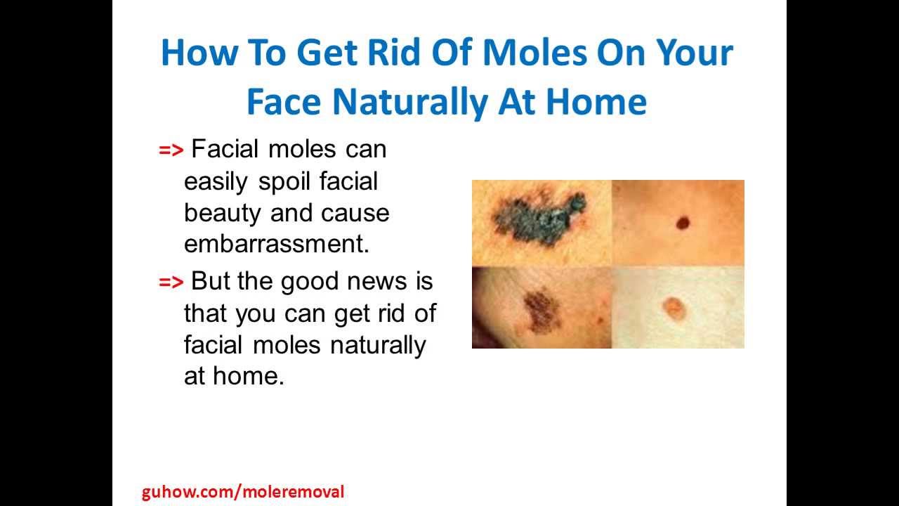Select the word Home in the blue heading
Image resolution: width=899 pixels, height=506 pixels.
[596, 102]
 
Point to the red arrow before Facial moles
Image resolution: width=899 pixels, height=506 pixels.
[171, 150]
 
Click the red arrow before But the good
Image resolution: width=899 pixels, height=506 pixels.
[171, 283]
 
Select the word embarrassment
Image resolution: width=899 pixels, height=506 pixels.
[277, 244]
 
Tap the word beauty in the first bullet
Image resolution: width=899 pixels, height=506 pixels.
[223, 214]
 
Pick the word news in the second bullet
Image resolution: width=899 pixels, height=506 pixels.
[377, 281]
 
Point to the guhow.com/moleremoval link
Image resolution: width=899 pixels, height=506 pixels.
[243, 492]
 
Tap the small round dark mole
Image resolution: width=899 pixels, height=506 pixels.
[683, 223]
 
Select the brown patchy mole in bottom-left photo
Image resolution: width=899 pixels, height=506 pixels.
[542, 311]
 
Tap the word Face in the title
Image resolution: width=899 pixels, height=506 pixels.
[284, 102]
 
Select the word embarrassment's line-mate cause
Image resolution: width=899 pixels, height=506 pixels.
[355, 214]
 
